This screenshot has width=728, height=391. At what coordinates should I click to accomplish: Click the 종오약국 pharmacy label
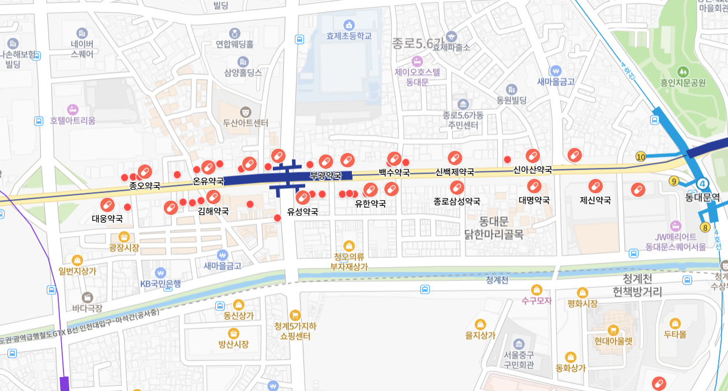pos(145,186)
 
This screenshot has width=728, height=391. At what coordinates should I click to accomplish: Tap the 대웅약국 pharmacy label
pos(107,219)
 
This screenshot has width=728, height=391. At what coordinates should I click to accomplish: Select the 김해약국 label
pos(213,211)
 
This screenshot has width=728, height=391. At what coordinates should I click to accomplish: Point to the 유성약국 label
pos(303,211)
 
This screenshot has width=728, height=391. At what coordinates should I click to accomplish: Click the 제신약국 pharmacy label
pos(595,200)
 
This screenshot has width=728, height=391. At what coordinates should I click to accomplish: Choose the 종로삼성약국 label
pos(457,201)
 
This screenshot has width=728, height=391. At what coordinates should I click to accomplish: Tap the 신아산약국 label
pos(532,170)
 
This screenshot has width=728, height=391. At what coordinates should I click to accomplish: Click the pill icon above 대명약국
pos(534,186)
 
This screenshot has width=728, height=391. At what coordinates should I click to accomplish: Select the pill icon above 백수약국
pos(394,159)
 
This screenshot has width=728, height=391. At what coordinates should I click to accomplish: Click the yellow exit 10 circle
pos(640,156)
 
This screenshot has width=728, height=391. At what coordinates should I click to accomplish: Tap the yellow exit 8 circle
pos(705,227)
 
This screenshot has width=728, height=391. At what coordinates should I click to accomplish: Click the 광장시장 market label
pos(124,247)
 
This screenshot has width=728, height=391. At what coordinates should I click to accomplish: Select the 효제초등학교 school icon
pos(348,25)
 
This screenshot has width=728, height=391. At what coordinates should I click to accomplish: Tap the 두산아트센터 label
pos(246,123)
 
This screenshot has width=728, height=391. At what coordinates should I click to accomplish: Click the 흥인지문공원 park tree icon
pos(683,72)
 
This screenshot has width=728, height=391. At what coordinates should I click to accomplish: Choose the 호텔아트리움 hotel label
pos(73,121)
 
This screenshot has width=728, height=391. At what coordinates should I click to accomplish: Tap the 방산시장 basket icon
pos(234,333)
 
